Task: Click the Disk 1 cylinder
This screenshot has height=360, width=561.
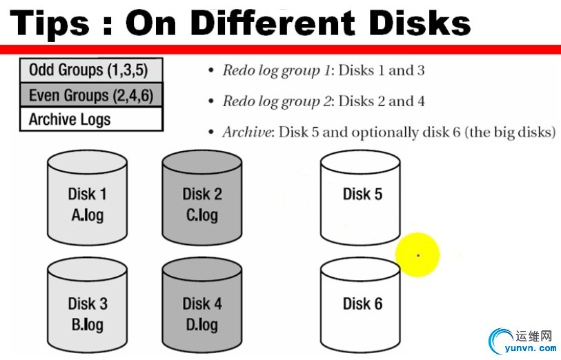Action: click(x=88, y=197)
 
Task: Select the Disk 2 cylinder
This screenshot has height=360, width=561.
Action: click(x=202, y=197)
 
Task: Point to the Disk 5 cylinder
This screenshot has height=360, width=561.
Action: click(x=360, y=197)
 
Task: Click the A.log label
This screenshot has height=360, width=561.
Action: click(x=88, y=216)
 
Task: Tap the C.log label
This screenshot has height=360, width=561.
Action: click(x=202, y=216)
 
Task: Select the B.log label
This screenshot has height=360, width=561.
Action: click(x=88, y=325)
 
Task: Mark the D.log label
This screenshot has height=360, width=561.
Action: click(x=202, y=325)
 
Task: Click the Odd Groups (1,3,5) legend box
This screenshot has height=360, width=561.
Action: click(x=91, y=70)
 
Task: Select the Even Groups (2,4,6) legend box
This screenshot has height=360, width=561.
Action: click(x=91, y=94)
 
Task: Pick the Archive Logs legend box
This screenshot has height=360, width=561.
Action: click(x=91, y=119)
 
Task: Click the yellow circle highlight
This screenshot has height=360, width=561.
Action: click(x=417, y=255)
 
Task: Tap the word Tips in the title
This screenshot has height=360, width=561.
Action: click(x=50, y=24)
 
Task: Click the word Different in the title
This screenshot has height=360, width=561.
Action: click(x=274, y=23)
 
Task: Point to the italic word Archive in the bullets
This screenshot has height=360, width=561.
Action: click(x=247, y=132)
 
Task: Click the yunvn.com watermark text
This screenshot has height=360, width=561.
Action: click(x=531, y=348)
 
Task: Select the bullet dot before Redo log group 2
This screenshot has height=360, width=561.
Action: click(x=211, y=101)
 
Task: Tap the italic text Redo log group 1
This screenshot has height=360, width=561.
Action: click(x=276, y=71)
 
